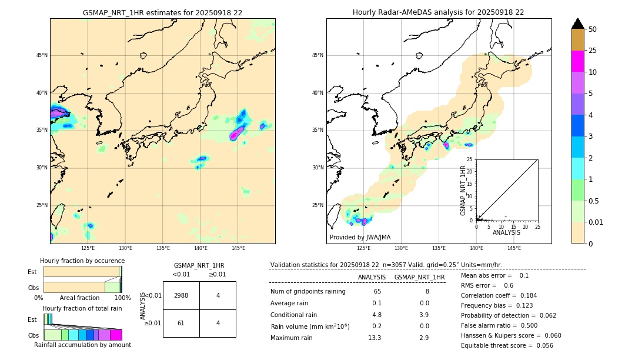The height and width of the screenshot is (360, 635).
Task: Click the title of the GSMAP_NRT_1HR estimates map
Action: coord(162,12)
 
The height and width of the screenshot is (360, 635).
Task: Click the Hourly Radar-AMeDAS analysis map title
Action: coord(438,12)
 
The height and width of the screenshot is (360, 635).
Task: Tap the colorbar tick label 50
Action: coord(593,29)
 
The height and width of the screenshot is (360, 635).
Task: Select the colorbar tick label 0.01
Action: coord(596,222)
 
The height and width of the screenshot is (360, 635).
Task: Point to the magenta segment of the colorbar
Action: coord(577,61)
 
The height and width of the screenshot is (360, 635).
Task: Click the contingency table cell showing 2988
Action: coord(181,296)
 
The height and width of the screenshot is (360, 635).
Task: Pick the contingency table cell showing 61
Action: coord(181,323)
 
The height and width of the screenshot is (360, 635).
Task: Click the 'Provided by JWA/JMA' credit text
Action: coord(360,237)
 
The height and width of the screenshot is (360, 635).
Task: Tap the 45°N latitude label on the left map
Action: coord(42,56)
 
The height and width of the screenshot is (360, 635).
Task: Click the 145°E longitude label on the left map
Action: coord(238,248)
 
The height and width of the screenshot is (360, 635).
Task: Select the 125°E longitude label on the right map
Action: coord(364,248)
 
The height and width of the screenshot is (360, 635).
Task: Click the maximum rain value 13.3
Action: coord(375,338)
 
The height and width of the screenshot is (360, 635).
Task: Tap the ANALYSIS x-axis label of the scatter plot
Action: coord(506,232)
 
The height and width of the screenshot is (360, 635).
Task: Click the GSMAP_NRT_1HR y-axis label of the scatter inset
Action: coord(463,190)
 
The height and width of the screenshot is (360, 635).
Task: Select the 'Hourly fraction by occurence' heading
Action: coord(82,261)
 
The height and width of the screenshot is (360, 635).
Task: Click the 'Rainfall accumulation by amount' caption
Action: coord(82,345)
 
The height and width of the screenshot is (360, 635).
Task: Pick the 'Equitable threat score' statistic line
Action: coord(507,345)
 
